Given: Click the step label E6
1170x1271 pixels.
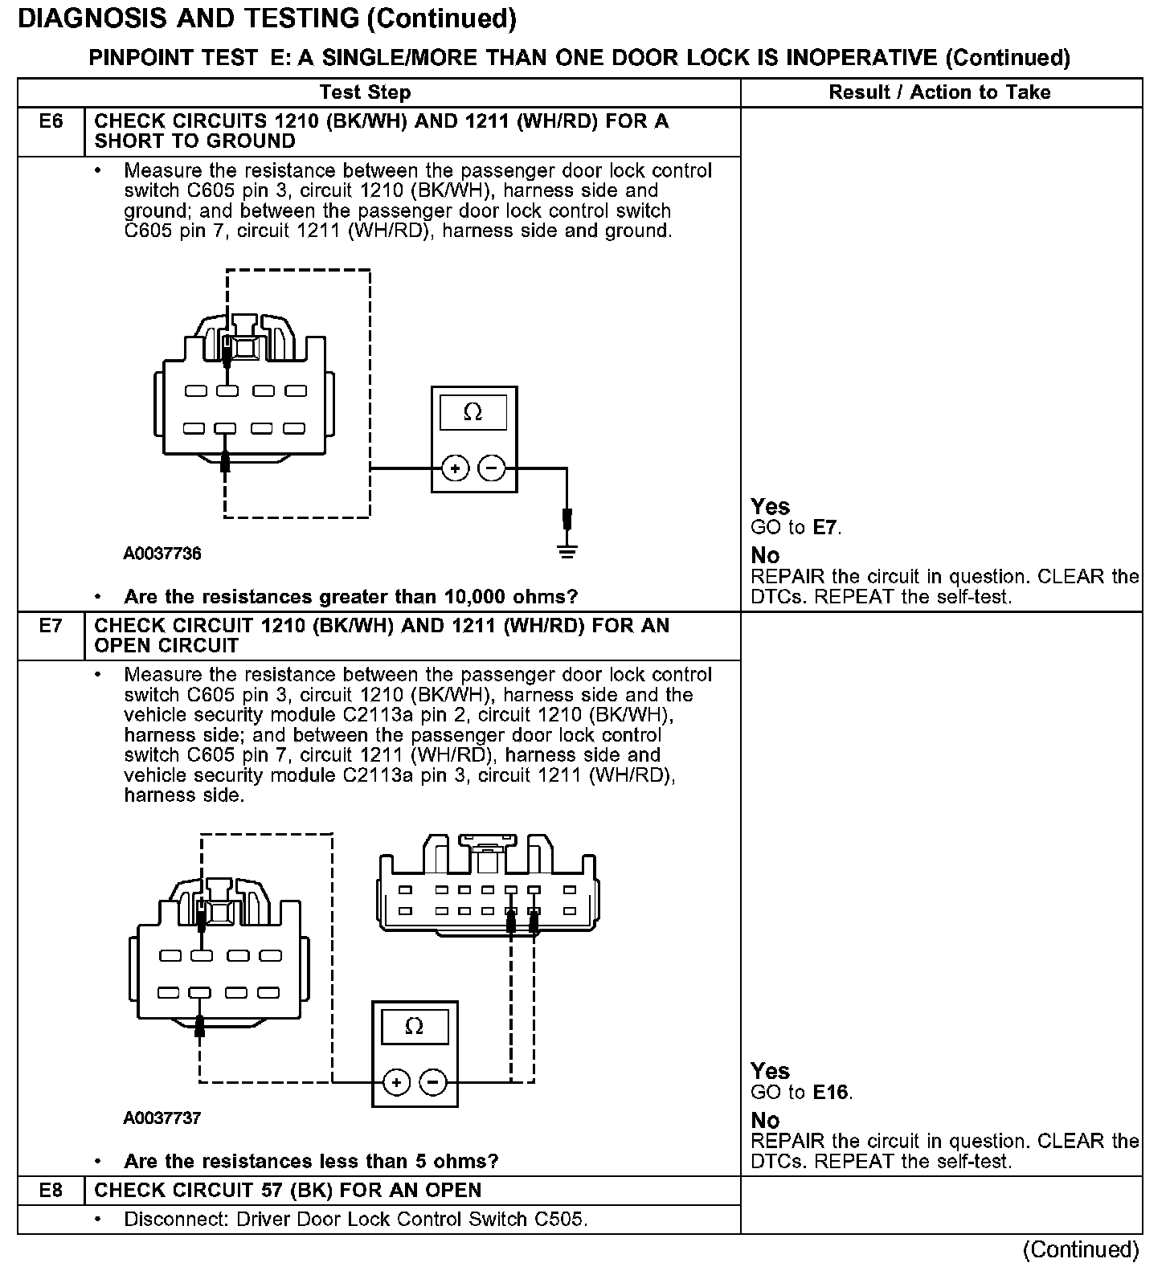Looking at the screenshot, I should (x=51, y=121).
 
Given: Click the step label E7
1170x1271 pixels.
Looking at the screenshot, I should (x=51, y=626).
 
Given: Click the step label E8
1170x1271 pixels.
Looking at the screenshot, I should (x=51, y=1190).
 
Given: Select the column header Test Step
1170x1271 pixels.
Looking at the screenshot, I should (x=365, y=92).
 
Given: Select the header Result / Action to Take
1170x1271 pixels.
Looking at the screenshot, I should (x=939, y=92).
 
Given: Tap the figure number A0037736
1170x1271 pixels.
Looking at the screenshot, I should (x=162, y=554).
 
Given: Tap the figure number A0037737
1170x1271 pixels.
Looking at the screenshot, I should (x=162, y=1118).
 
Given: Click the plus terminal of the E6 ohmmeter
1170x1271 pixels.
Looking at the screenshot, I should (x=455, y=468).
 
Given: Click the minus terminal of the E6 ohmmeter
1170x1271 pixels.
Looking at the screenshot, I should (x=492, y=468).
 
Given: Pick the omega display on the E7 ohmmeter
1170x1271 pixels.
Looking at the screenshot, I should (x=415, y=1027).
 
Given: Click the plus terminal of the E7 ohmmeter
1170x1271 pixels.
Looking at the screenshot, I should (x=395, y=1082).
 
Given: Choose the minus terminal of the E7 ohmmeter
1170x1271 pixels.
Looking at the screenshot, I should (x=433, y=1082).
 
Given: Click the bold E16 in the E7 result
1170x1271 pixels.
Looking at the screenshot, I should (x=831, y=1093).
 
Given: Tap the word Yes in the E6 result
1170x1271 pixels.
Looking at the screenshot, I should (x=770, y=507).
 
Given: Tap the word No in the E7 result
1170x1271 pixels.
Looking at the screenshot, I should (x=765, y=1120).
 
